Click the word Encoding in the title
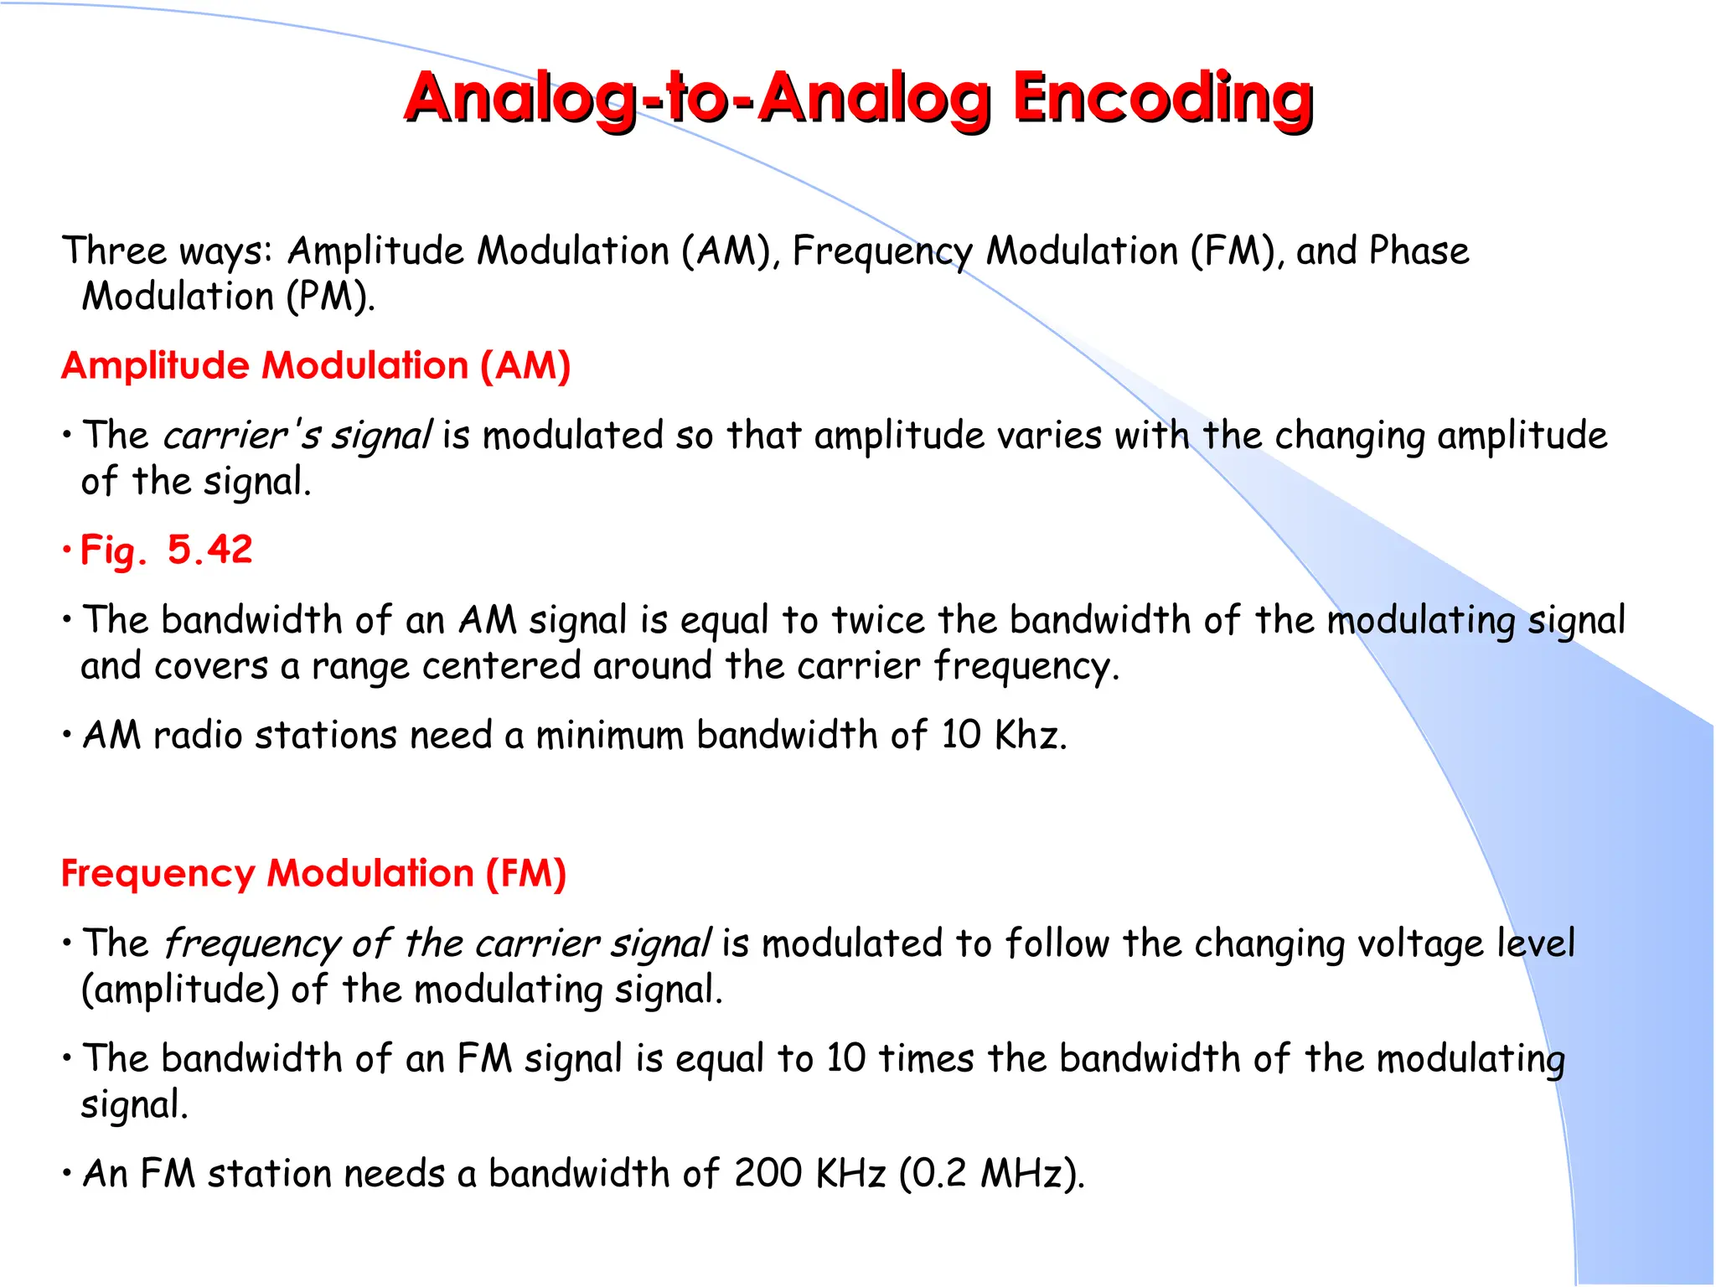point(1162,98)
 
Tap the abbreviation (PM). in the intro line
point(330,297)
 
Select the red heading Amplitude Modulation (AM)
point(316,366)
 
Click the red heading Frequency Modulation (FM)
point(314,873)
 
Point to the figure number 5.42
point(209,550)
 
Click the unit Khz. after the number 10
point(1031,735)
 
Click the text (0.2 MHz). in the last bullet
point(991,1173)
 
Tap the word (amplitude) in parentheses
point(179,990)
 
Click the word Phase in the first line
point(1419,251)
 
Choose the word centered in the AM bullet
point(501,666)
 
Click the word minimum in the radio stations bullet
point(609,735)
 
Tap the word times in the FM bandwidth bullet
point(926,1058)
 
